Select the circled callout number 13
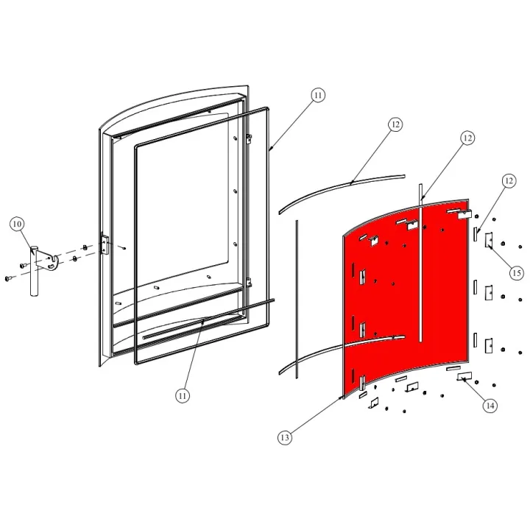[285, 438]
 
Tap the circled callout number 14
[490, 406]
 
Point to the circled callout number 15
[517, 272]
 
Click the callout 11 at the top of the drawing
[317, 95]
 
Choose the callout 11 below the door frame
[183, 396]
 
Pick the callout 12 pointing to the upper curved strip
[395, 125]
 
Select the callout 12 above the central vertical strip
[467, 138]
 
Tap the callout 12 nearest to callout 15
[508, 180]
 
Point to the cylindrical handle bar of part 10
[33, 276]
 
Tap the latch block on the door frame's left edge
[105, 244]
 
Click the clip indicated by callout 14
[465, 378]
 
